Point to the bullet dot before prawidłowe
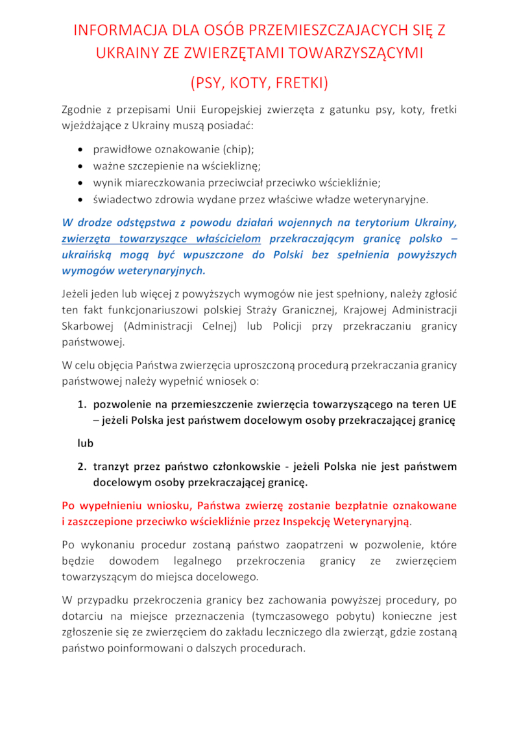pos(80,149)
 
